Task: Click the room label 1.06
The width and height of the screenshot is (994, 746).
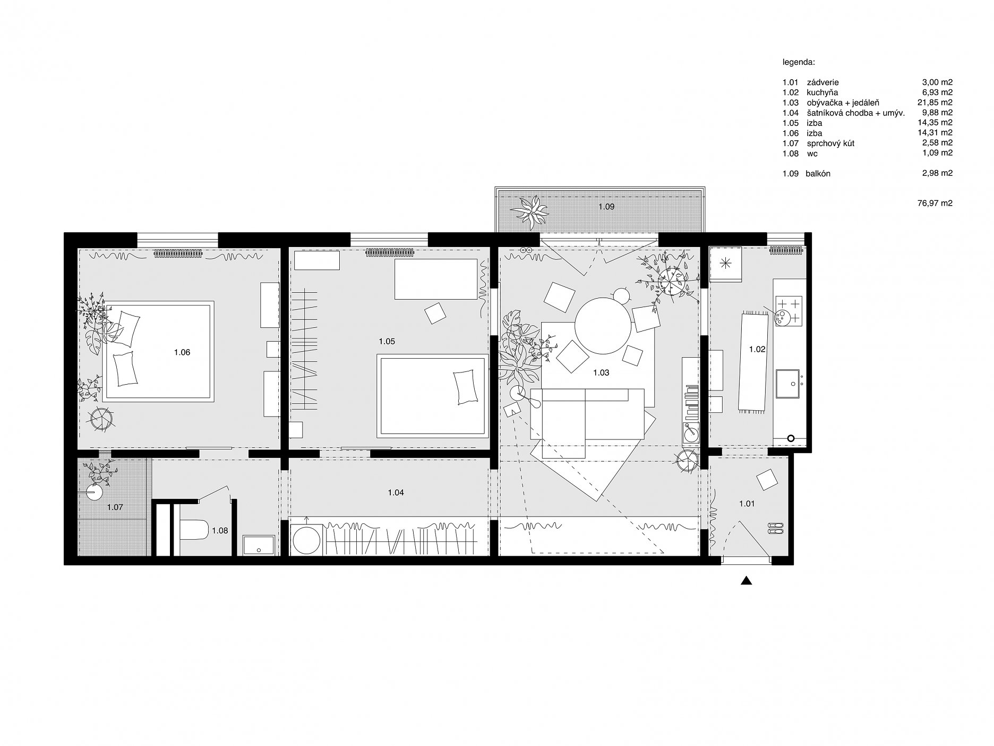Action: (182, 352)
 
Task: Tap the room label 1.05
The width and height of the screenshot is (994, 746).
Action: (387, 341)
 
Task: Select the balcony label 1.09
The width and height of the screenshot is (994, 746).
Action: (606, 207)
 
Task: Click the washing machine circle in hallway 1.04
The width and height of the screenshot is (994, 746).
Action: (307, 541)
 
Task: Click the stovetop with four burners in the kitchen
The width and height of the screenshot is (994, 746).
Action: (787, 311)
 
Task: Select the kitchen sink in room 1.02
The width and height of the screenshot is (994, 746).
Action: (789, 384)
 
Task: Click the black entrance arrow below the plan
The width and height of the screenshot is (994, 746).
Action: (747, 581)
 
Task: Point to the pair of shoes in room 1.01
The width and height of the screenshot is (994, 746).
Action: (775, 528)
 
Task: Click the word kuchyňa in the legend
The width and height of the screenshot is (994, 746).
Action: (822, 92)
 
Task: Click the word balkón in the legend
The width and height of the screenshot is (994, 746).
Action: (818, 173)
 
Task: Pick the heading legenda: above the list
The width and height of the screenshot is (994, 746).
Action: (799, 62)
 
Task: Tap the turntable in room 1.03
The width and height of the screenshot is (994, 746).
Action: (691, 433)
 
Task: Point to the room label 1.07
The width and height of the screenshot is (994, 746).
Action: (115, 507)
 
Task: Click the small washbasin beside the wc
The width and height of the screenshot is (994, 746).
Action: (259, 545)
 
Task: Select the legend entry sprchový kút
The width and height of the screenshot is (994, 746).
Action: (830, 143)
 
